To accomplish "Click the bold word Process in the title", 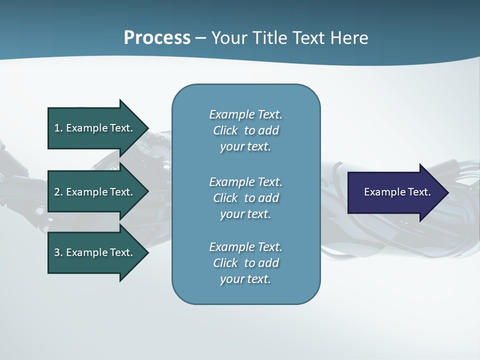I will (157, 38).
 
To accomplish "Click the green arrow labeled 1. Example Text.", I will (95, 128).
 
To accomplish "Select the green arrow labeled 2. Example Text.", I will (95, 192).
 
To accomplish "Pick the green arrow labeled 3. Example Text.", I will (95, 252).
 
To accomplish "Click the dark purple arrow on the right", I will (395, 192).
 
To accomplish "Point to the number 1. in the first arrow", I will (58, 128).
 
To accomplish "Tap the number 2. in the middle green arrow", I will (58, 192).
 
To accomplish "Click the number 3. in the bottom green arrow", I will (58, 252).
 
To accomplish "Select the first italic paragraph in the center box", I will (245, 130).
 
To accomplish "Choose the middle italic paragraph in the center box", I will (245, 197).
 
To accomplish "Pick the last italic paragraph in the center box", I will (245, 263).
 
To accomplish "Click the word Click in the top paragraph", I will (225, 130).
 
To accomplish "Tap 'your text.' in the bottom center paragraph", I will (245, 279).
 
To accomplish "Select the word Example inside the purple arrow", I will (382, 192).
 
